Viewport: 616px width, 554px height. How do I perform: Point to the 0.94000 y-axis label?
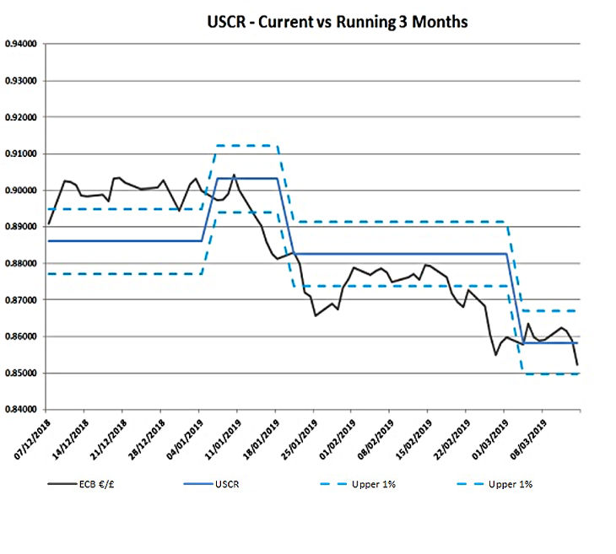tap(22, 45)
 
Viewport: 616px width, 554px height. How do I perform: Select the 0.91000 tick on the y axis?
tap(22, 154)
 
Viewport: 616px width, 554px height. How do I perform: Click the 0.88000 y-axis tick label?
tap(22, 264)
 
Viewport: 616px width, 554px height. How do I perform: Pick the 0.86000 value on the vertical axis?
tap(22, 336)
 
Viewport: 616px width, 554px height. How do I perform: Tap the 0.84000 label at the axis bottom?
tap(22, 410)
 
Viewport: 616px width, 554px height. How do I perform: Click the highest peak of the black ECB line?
tap(234, 175)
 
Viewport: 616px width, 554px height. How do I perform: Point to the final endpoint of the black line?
tap(578, 364)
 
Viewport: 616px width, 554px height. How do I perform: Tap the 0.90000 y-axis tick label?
tap(22, 191)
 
